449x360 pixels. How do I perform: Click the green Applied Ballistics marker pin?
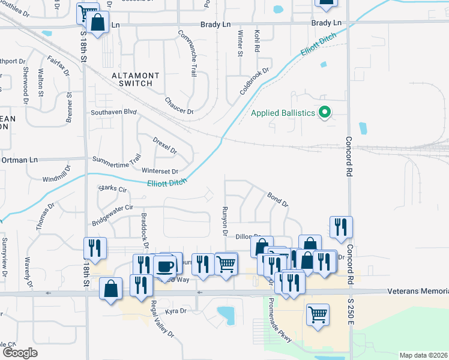coord(325,112)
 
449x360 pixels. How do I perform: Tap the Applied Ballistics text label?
coord(283,113)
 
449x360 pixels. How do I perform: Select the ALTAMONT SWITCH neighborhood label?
coord(136,80)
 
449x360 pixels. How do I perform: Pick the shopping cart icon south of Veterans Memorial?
coord(318,314)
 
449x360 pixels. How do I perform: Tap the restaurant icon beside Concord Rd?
coord(340,227)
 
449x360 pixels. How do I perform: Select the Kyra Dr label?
coord(176,311)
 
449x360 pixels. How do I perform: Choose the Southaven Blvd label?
coord(114,112)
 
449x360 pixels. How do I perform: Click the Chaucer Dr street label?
coord(179,106)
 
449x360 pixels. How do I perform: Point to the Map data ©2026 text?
coord(423,355)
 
